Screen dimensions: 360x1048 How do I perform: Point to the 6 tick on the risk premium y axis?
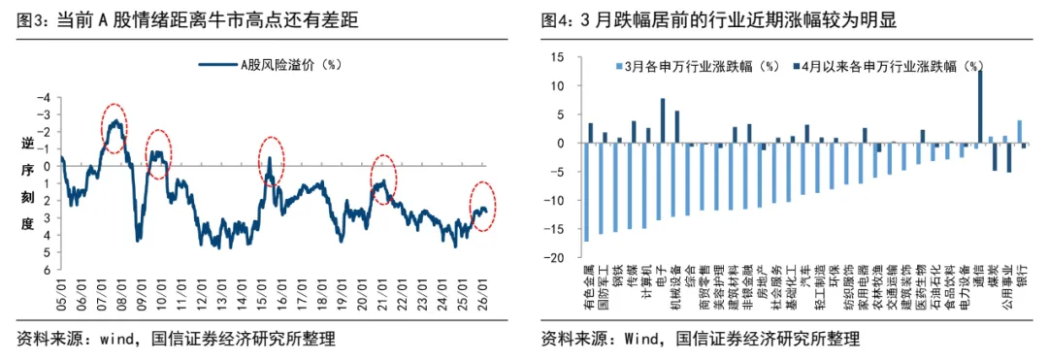point(46,271)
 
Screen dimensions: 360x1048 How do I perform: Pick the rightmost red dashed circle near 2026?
point(482,207)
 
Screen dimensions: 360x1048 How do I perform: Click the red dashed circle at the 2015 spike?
point(270,161)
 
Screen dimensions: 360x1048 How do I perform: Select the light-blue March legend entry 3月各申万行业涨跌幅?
point(698,67)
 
